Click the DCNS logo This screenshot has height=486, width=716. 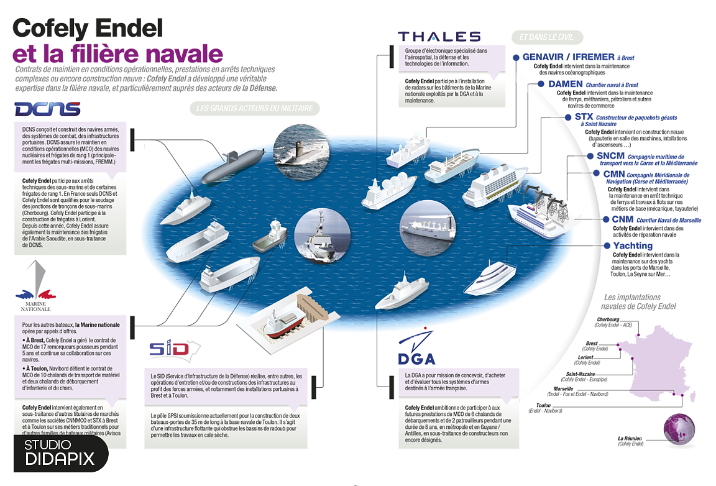(48, 109)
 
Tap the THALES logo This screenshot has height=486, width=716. (439, 37)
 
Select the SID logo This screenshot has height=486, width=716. (168, 348)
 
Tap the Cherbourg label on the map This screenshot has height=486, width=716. (607, 319)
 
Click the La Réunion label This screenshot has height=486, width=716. (630, 438)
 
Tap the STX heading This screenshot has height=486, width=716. (584, 117)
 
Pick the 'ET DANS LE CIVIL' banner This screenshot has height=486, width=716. (547, 37)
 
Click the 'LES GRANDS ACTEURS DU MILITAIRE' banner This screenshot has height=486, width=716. (254, 109)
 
